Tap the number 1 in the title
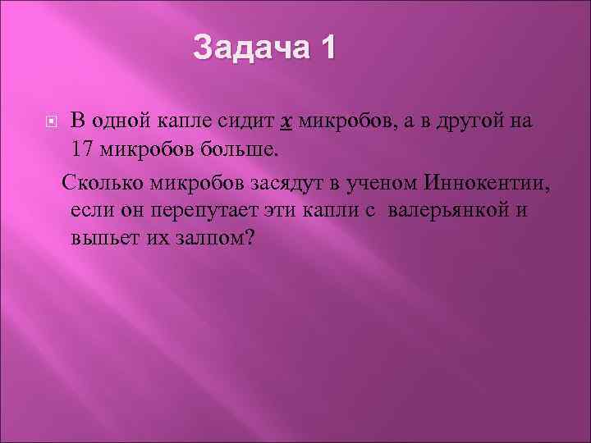327,48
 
